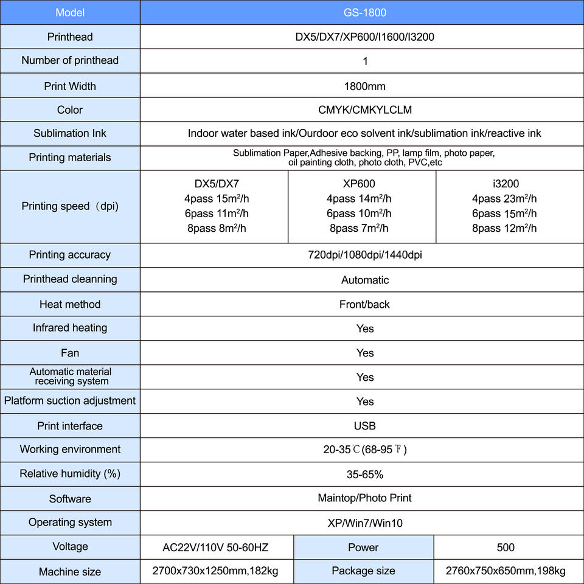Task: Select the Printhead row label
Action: pyautogui.click(x=70, y=37)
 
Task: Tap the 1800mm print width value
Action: pyautogui.click(x=364, y=86)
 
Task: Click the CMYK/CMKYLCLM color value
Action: pyautogui.click(x=364, y=110)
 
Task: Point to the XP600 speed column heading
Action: pyautogui.click(x=359, y=184)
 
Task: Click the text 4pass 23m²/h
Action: pyautogui.click(x=504, y=199)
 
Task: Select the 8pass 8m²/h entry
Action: pyautogui.click(x=217, y=229)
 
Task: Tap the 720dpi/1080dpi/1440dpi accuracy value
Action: pyautogui.click(x=364, y=255)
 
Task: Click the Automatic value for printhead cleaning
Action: pyautogui.click(x=364, y=280)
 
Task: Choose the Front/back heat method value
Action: pyautogui.click(x=364, y=304)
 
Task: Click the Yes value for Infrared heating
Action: pyautogui.click(x=364, y=328)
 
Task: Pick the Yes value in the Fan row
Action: pyautogui.click(x=364, y=353)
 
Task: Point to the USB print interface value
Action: pyautogui.click(x=364, y=426)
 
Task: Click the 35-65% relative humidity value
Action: pyautogui.click(x=364, y=474)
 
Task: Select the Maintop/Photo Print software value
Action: pyautogui.click(x=364, y=498)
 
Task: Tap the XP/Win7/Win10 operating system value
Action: pyautogui.click(x=364, y=523)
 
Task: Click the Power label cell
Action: pyautogui.click(x=363, y=547)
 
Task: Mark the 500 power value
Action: pyautogui.click(x=506, y=547)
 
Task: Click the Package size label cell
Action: pyautogui.click(x=363, y=571)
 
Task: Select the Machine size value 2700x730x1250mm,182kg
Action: pyautogui.click(x=217, y=571)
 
